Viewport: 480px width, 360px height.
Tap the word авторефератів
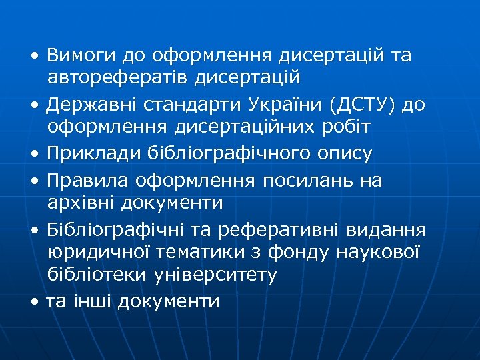click(117, 78)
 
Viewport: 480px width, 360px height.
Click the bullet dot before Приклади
click(34, 155)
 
